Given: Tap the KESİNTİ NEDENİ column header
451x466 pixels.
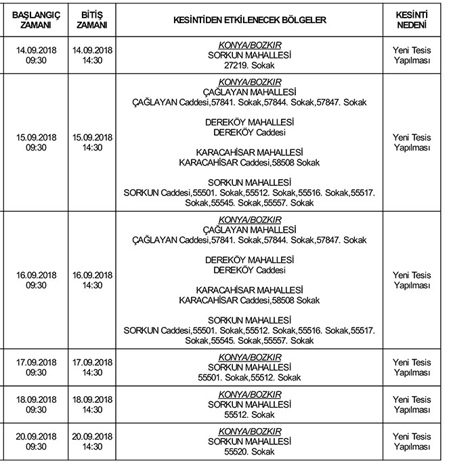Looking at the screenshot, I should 411,20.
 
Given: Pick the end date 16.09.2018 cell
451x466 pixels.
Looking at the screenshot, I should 92,275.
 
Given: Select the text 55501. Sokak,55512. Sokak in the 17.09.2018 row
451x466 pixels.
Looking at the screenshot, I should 249,377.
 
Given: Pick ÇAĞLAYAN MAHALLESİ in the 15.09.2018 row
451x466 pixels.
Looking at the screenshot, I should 249,92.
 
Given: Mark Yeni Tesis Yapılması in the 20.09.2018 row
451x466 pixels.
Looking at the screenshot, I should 411,442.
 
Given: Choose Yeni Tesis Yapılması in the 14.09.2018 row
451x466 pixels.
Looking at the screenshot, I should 411,54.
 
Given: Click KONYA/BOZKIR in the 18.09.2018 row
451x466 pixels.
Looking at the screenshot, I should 249,394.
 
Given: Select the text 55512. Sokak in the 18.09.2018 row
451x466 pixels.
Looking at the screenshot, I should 249,414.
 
